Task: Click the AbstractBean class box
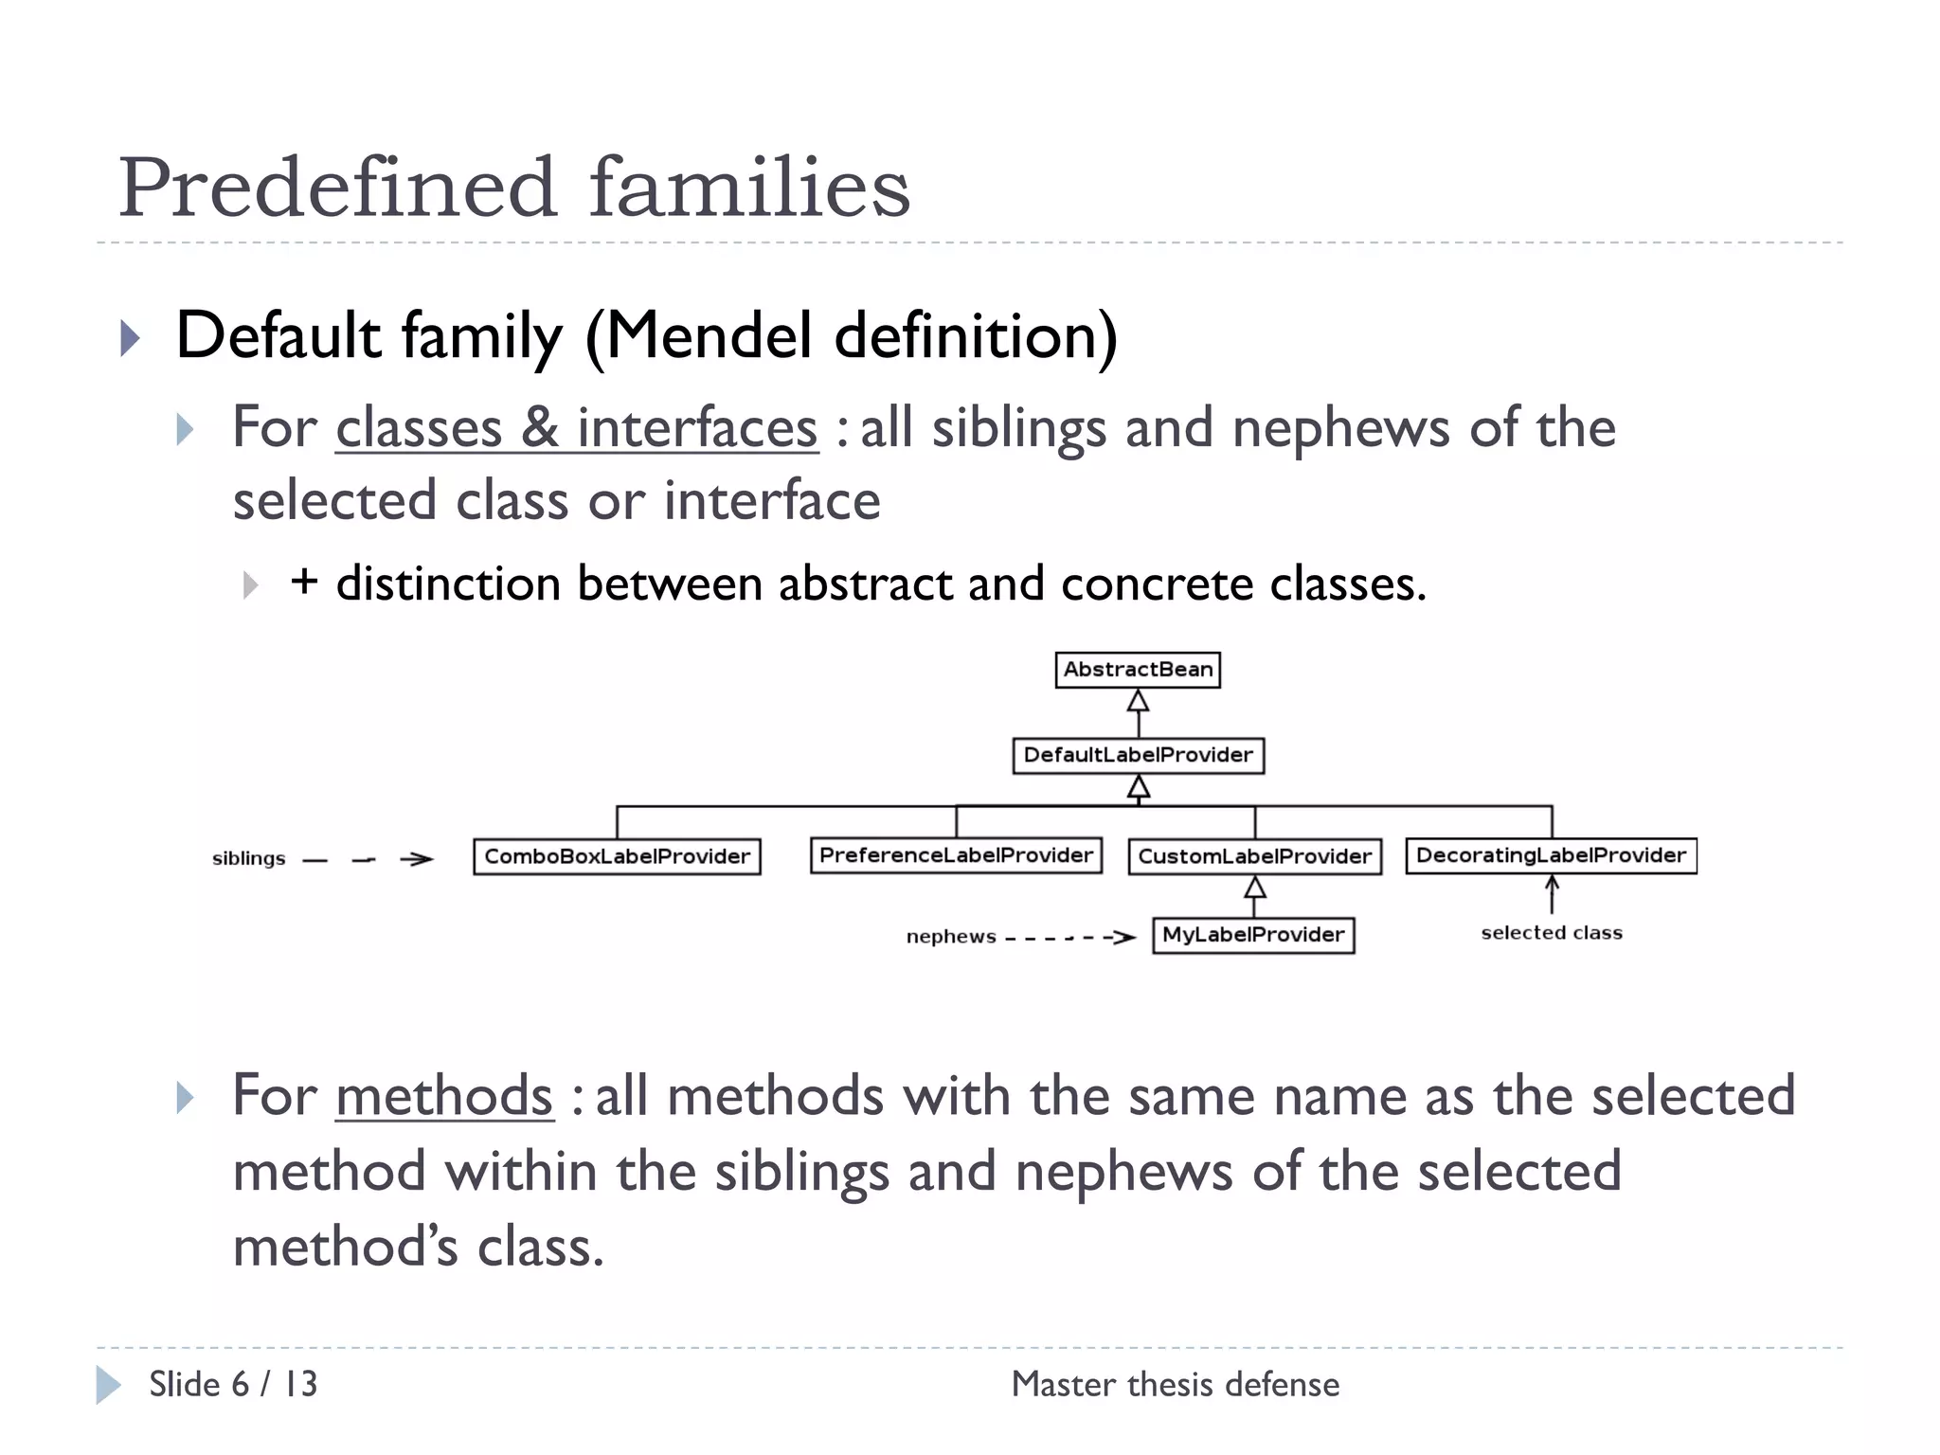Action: [x=1138, y=670]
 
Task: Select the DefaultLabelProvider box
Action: [x=1138, y=755]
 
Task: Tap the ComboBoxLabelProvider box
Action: [x=617, y=856]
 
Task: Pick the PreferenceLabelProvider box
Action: [x=956, y=855]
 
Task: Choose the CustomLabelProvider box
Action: [x=1254, y=856]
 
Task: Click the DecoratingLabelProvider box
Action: [x=1551, y=855]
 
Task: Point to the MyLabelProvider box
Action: [x=1253, y=935]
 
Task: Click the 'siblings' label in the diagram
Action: [x=248, y=859]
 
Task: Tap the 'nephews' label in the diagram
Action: [x=951, y=937]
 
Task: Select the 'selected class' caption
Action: [x=1552, y=933]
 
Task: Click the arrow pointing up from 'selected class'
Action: [x=1552, y=893]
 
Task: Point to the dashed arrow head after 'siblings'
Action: [x=418, y=859]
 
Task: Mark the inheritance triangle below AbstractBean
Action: [x=1138, y=702]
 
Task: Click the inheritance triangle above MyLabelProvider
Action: [x=1254, y=888]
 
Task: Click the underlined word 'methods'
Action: [x=443, y=1096]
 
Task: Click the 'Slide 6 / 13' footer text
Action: [x=233, y=1384]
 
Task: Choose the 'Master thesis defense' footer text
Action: [x=1176, y=1384]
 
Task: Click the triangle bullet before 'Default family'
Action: [x=131, y=338]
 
